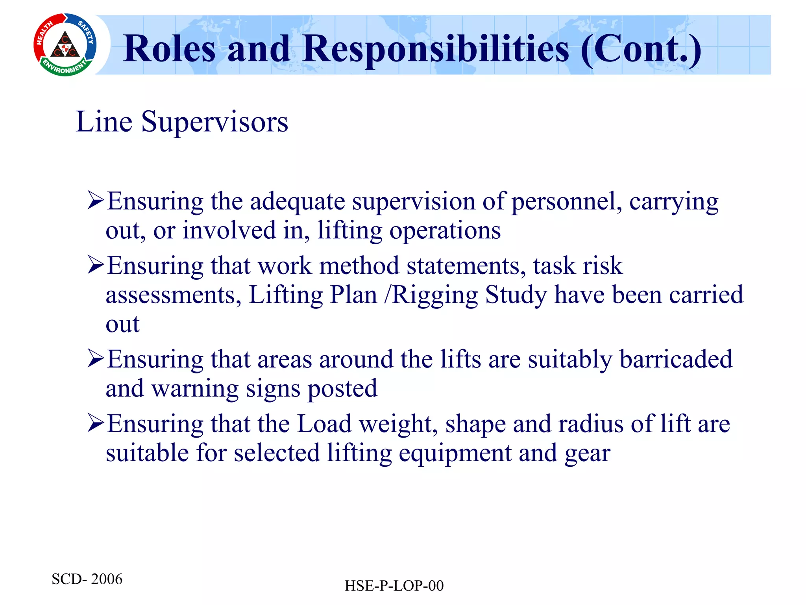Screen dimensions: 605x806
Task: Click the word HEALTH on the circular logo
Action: coord(44,33)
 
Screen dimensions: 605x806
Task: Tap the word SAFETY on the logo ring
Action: coord(86,32)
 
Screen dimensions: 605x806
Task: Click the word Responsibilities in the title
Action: coord(436,49)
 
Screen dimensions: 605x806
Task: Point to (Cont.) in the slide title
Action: coord(641,49)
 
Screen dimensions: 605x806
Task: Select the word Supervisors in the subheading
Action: coord(214,122)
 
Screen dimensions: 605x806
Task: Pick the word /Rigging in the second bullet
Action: coord(431,295)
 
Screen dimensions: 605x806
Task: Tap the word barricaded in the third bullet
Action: coord(676,359)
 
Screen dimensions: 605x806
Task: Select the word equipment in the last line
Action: coord(455,453)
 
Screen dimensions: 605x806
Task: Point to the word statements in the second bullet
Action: coord(466,265)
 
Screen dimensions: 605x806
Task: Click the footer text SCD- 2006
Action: coord(87,579)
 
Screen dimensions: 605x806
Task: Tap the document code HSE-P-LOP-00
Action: coord(394,586)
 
